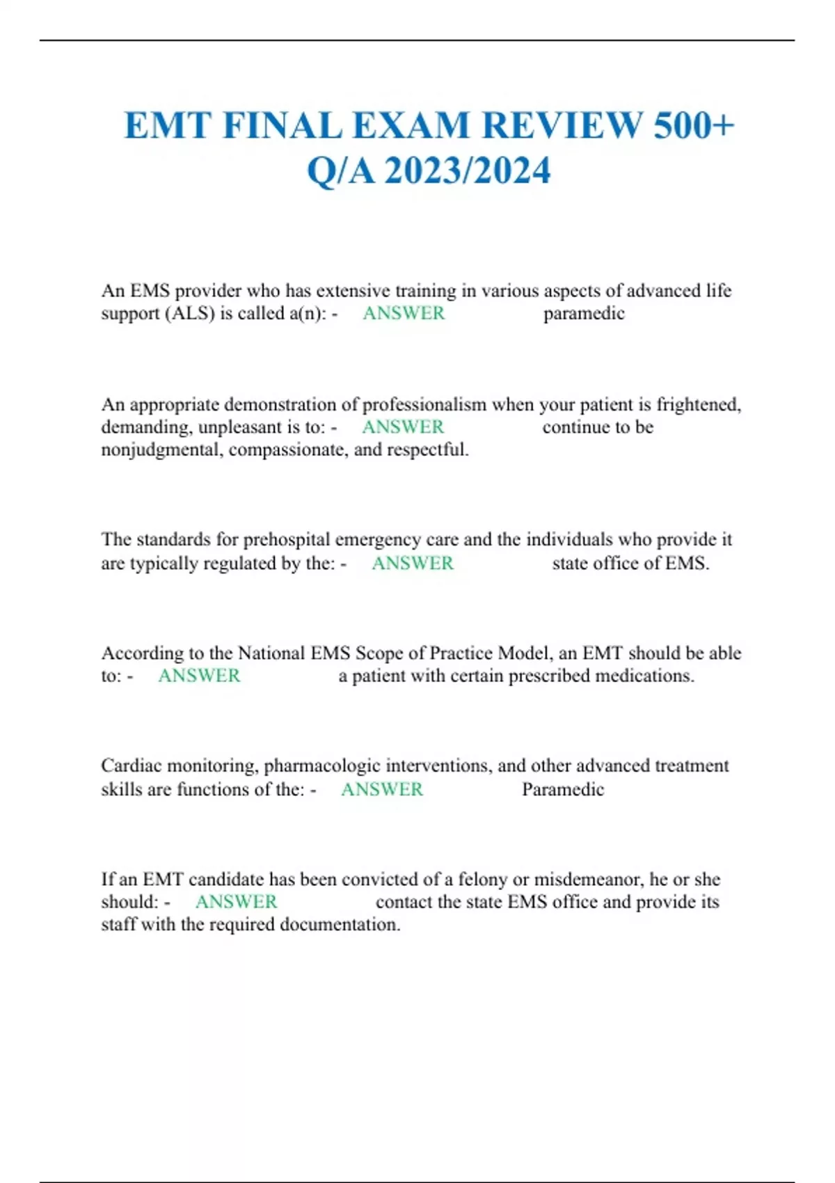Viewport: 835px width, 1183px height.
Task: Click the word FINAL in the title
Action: [283, 126]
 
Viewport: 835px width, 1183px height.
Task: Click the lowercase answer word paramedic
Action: [584, 314]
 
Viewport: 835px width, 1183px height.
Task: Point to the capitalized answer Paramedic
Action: [563, 789]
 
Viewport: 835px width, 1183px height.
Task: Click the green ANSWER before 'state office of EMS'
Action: [413, 563]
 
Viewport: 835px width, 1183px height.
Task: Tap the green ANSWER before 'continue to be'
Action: [403, 427]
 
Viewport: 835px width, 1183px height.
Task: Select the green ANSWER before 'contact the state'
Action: [237, 902]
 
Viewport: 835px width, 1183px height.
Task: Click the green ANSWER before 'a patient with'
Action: [199, 676]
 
